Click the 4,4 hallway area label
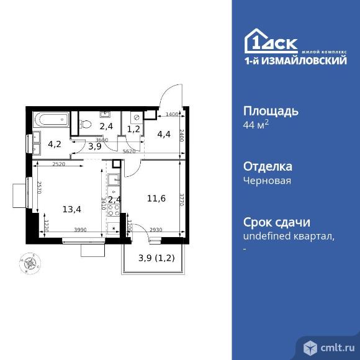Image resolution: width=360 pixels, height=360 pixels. point(163,132)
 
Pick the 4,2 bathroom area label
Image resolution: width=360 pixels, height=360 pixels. point(55,144)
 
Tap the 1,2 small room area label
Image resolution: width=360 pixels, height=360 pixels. point(133,129)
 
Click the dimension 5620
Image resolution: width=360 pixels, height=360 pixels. point(128,151)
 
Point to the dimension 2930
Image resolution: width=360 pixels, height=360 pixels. point(156,230)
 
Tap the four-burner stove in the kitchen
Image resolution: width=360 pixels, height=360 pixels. point(113,209)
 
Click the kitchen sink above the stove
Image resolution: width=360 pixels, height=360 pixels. point(113,181)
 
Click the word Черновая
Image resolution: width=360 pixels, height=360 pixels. point(266,181)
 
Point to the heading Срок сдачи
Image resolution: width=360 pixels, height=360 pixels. point(276,222)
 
